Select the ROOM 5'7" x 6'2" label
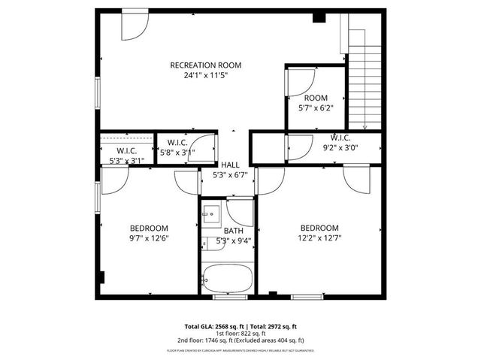[316, 98]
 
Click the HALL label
[229, 165]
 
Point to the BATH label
[233, 231]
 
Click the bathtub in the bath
[228, 279]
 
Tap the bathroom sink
[210, 213]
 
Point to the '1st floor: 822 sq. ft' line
[240, 333]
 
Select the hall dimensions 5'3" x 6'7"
[229, 175]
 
